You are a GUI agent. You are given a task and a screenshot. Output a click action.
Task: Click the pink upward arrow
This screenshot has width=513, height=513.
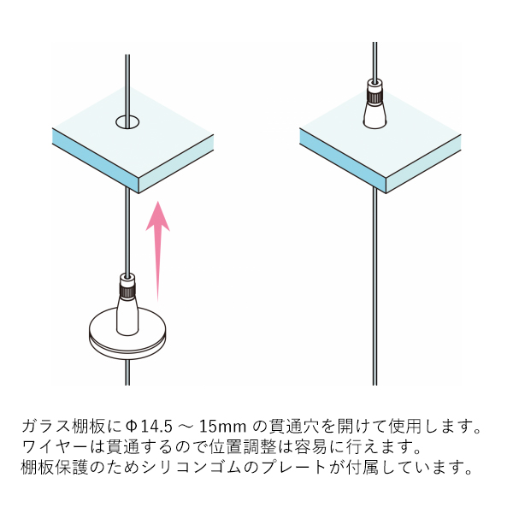[x=157, y=251]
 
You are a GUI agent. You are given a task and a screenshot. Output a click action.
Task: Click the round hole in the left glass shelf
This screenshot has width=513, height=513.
[x=127, y=122]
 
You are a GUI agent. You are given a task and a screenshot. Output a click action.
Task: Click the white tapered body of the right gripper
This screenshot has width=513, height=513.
[x=375, y=115]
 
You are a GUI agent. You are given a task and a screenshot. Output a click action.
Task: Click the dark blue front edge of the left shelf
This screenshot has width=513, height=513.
[x=96, y=161]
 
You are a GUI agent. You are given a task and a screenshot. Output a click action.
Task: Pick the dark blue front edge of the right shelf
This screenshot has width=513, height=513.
[x=343, y=161]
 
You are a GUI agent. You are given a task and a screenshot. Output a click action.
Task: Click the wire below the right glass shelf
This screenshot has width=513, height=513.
[x=375, y=286]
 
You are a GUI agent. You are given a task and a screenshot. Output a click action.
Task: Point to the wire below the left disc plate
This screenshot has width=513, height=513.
[x=127, y=372]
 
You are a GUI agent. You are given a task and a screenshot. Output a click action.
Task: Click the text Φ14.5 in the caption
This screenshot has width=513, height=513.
[x=149, y=427]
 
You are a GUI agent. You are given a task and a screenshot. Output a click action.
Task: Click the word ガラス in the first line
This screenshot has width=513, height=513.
[x=46, y=426]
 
